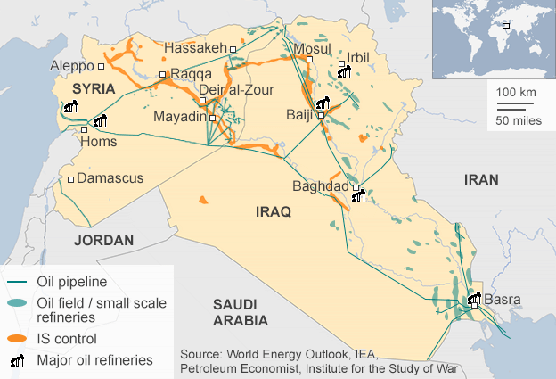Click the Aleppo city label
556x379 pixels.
tap(72, 66)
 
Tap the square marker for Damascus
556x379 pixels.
tap(70, 180)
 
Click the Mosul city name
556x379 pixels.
tap(312, 48)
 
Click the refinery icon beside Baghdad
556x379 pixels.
tap(358, 195)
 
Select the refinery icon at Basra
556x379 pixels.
tap(473, 300)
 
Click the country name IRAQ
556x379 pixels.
tap(274, 211)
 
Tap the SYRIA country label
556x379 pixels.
tap(94, 88)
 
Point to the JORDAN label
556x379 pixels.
tap(103, 240)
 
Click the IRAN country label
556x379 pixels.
tap(481, 179)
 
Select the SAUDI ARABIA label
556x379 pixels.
tap(241, 312)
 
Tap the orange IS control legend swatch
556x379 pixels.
tap(17, 339)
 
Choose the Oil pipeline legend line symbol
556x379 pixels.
tap(17, 283)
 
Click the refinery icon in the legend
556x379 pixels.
tap(17, 360)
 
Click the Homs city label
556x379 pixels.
tap(99, 141)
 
